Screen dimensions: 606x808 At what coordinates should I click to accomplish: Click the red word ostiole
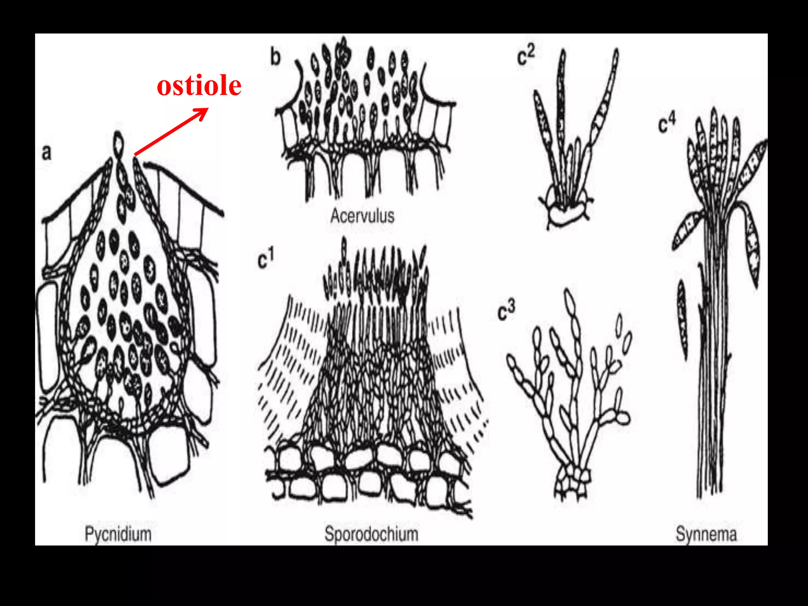pyautogui.click(x=199, y=86)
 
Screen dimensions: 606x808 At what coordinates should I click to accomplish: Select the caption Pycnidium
pyautogui.click(x=118, y=534)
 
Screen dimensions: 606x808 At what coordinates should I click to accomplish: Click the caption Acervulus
pyautogui.click(x=362, y=216)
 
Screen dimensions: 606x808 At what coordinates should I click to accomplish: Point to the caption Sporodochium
pyautogui.click(x=371, y=534)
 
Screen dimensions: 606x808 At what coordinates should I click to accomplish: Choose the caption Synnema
pyautogui.click(x=706, y=534)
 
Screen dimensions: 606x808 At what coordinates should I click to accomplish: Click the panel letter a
pyautogui.click(x=47, y=153)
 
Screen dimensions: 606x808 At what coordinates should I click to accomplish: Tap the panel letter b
pyautogui.click(x=275, y=57)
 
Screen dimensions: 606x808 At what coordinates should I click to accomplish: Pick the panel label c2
pyautogui.click(x=526, y=56)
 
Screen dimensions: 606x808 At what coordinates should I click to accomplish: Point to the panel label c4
pyautogui.click(x=667, y=123)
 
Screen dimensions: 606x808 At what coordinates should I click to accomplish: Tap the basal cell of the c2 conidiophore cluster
pyautogui.click(x=566, y=215)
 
